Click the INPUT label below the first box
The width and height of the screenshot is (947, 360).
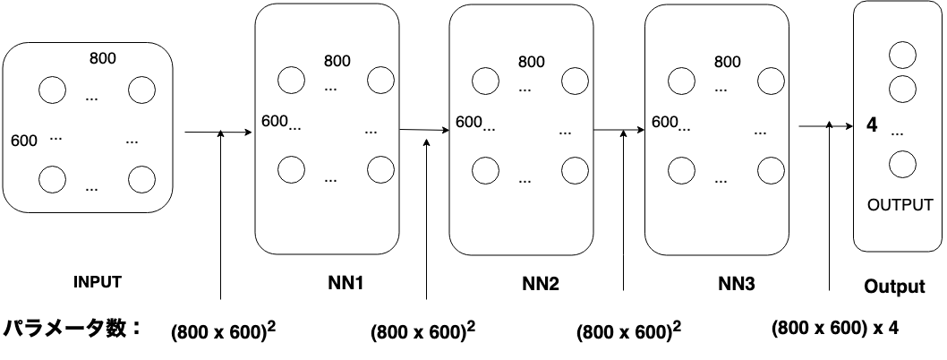pyautogui.click(x=97, y=281)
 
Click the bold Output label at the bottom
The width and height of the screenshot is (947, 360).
pyautogui.click(x=894, y=287)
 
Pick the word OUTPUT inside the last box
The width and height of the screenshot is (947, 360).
pyautogui.click(x=900, y=205)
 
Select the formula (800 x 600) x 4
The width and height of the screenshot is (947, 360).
pyautogui.click(x=835, y=328)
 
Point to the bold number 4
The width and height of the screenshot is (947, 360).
pyautogui.click(x=872, y=126)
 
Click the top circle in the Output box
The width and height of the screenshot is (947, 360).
pyautogui.click(x=902, y=55)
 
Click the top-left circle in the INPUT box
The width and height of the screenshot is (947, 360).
pyautogui.click(x=51, y=90)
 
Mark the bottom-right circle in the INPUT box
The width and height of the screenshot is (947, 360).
pyautogui.click(x=142, y=178)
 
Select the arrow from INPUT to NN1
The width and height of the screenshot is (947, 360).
pyautogui.click(x=218, y=133)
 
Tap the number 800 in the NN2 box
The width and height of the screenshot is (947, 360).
pyautogui.click(x=531, y=62)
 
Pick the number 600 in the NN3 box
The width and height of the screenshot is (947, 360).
pyautogui.click(x=663, y=122)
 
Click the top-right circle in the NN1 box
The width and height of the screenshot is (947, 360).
pyautogui.click(x=380, y=79)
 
